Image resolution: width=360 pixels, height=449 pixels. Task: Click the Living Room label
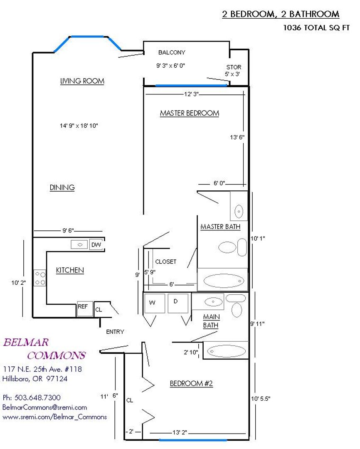coord(82,81)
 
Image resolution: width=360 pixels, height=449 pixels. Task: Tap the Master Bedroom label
coord(190,113)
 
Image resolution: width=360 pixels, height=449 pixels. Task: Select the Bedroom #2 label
coord(191,383)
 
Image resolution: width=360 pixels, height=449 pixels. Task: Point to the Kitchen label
coord(70,270)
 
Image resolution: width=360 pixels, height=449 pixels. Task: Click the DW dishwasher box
coord(96,244)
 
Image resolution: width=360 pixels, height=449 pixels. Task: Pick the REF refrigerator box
coord(85,308)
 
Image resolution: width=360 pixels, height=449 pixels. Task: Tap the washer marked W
coord(155,303)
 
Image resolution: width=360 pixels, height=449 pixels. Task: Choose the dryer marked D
coord(178,303)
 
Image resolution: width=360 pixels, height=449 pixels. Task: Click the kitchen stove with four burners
coord(40,279)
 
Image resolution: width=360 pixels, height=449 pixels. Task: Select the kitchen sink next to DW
coord(79,244)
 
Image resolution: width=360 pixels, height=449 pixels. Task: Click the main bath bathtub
coord(226,350)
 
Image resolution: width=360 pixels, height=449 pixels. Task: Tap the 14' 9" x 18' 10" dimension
coord(79,126)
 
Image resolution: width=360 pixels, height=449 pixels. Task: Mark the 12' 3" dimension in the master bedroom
coord(191,94)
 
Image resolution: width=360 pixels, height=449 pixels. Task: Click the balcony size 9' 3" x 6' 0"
coord(171,66)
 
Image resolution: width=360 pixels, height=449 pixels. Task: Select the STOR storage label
coord(234,67)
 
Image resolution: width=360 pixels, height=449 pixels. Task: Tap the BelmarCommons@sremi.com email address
coord(44,407)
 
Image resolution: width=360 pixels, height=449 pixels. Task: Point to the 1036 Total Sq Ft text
coord(316,28)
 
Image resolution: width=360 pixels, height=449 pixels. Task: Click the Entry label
coord(115,332)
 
